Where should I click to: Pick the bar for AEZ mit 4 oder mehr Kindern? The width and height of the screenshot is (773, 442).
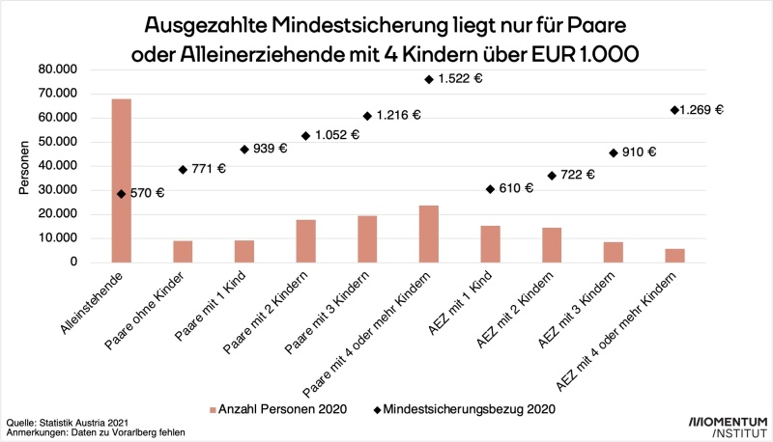click(x=675, y=256)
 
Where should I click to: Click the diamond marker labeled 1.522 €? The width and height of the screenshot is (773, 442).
click(x=428, y=79)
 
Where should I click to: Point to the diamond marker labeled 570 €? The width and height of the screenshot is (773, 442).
click(x=121, y=193)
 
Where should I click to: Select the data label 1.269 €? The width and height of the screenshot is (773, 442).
click(x=701, y=110)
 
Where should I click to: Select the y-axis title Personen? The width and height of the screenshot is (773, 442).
click(x=24, y=165)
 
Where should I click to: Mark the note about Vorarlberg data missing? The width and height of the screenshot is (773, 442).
click(x=95, y=433)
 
